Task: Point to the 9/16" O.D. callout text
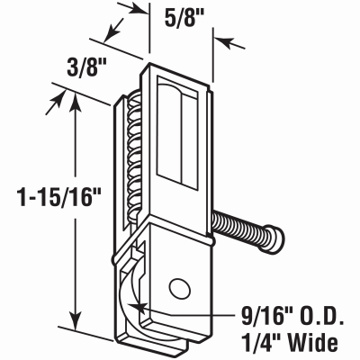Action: click(x=287, y=316)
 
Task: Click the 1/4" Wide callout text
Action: click(x=286, y=342)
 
